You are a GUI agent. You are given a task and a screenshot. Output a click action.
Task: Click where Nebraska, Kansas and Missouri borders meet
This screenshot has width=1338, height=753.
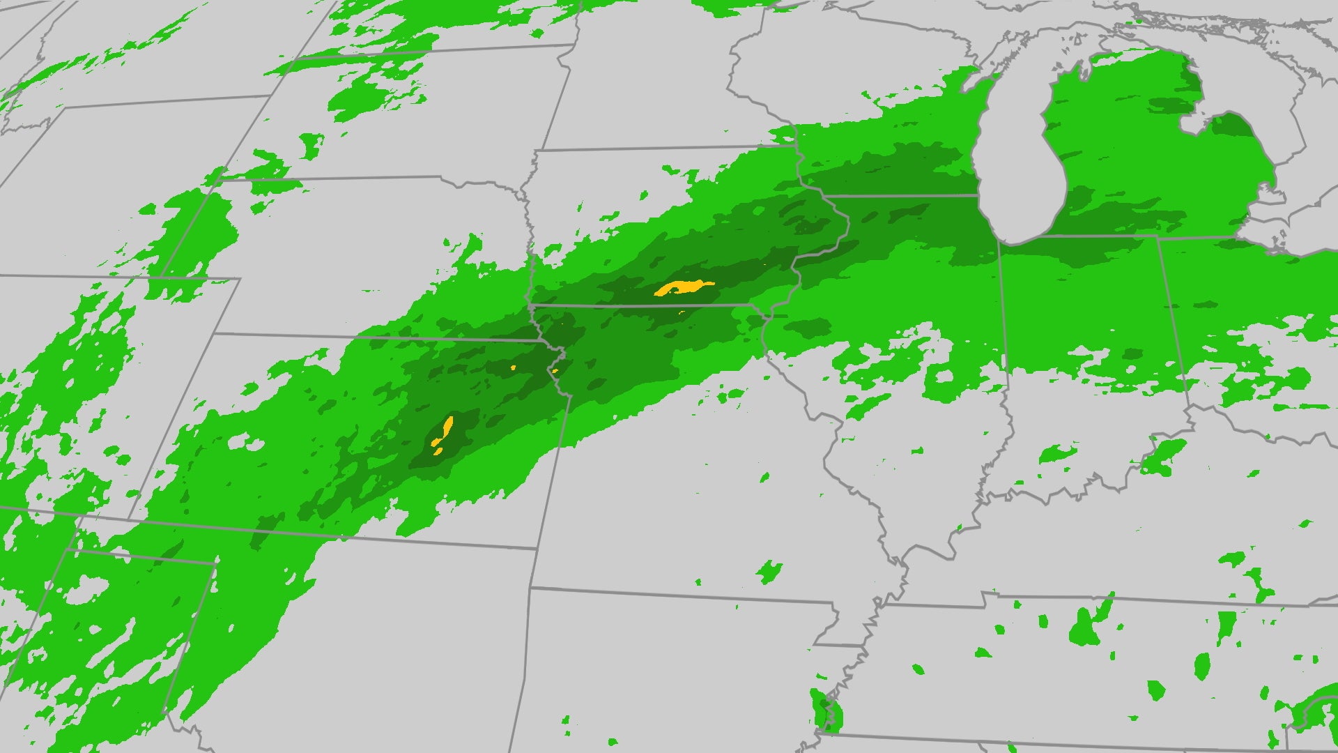pos(537,341)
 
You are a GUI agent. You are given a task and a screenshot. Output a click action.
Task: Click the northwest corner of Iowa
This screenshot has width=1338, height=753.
pos(537,150)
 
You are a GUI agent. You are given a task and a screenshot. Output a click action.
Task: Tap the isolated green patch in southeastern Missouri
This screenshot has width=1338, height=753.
pos(769,572)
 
